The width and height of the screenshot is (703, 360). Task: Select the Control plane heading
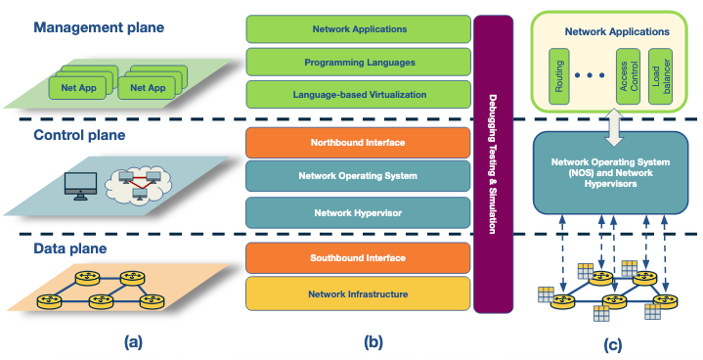[x=81, y=134]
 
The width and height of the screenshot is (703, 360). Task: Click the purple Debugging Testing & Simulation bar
[x=493, y=162]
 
